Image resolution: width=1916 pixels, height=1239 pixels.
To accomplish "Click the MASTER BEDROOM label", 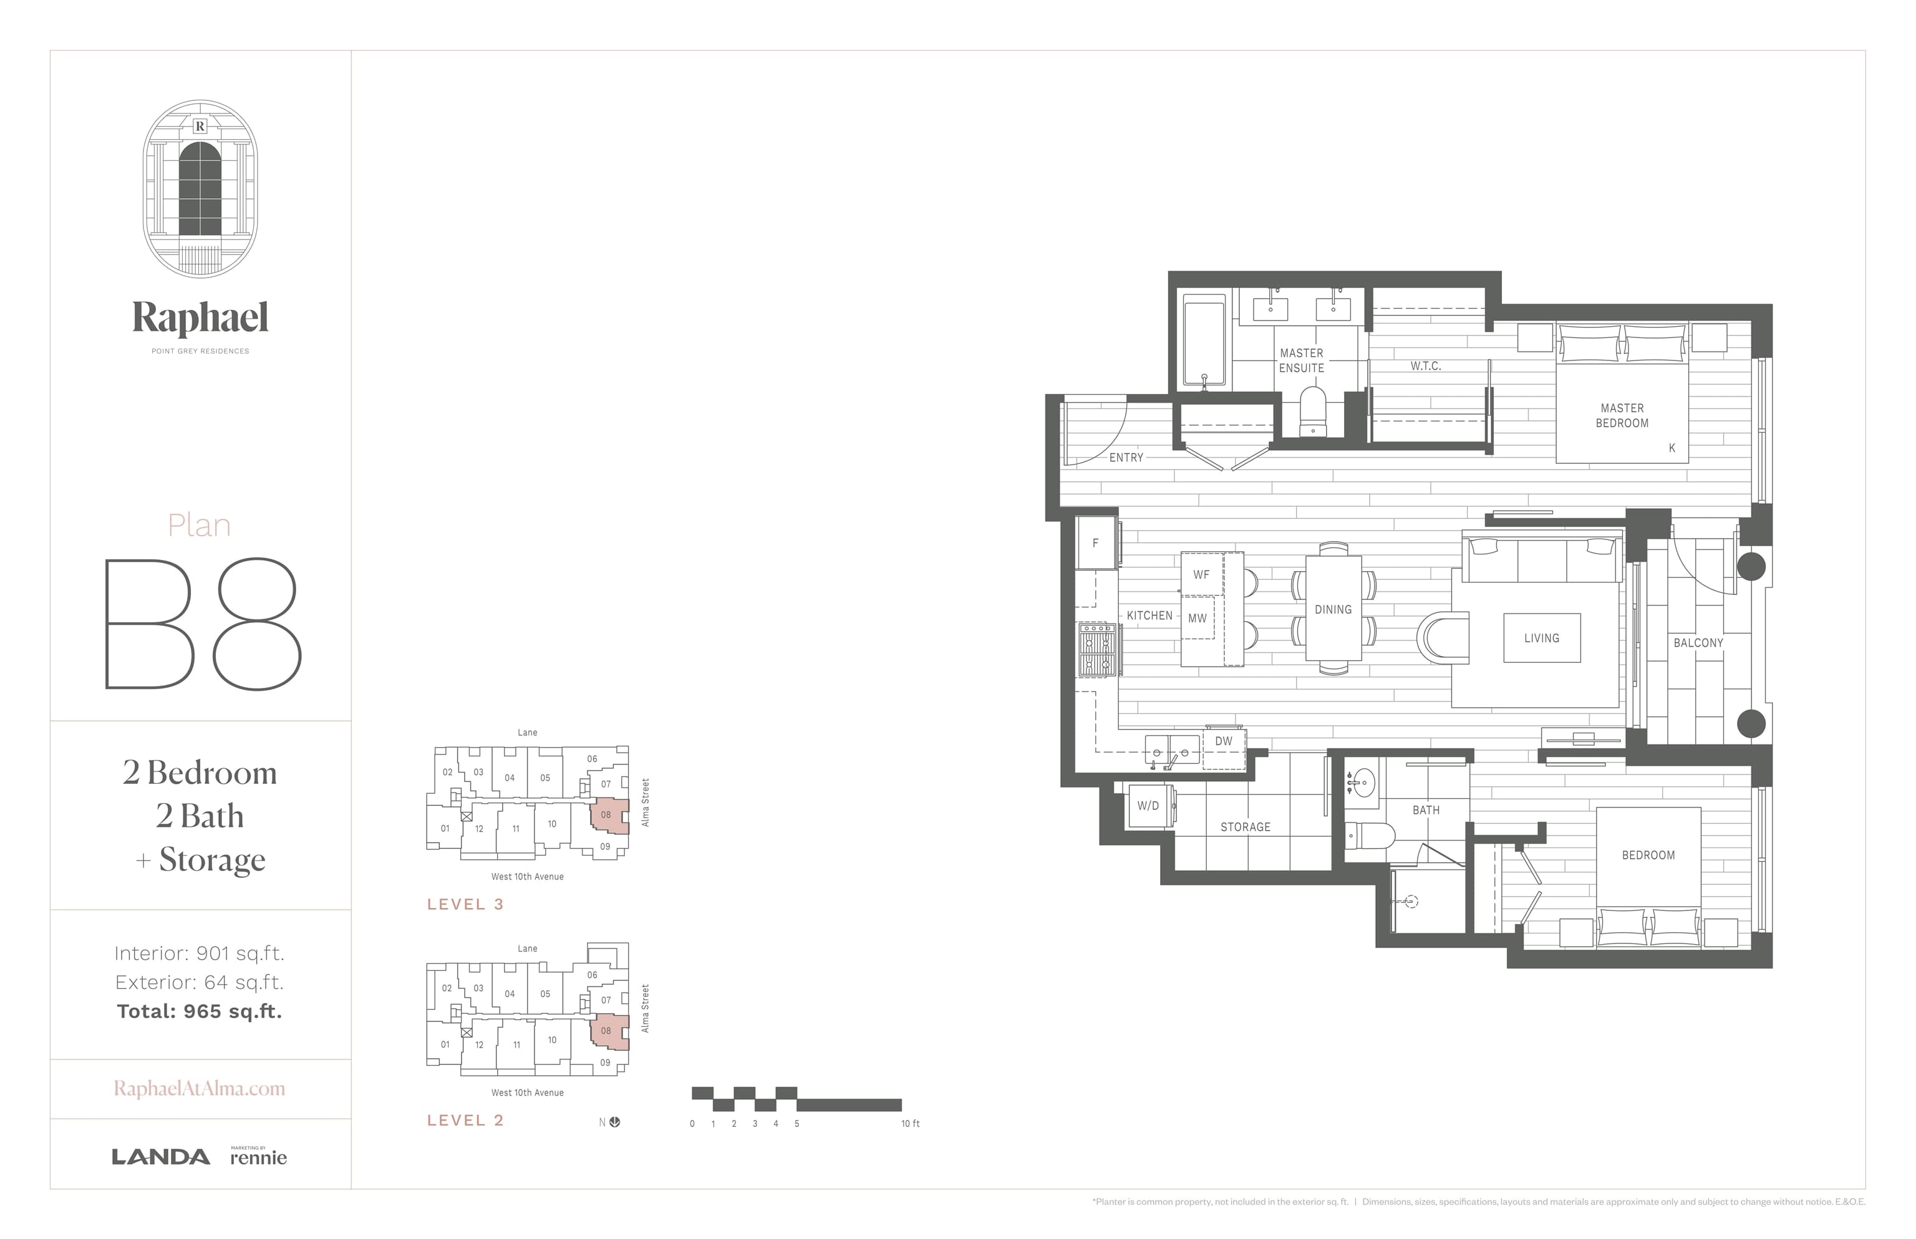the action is pos(1622,416).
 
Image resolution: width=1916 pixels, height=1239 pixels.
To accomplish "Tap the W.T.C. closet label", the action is pos(1425,366).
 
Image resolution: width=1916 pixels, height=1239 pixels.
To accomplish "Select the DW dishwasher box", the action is pos(1223,748).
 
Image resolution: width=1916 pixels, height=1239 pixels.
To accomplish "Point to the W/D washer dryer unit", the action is pos(1149,806).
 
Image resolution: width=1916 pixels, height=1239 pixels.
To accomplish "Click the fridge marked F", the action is pos(1096,543).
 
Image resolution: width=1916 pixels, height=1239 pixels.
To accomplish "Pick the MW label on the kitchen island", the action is pos(1197,618).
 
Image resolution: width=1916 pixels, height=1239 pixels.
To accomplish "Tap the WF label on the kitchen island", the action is pos(1201,574).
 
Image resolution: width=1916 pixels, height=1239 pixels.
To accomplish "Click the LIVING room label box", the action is pos(1542,638).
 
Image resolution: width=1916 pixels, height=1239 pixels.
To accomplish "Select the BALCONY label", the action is pos(1698,643).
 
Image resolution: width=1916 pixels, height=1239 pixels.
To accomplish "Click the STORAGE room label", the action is pos(1245,827).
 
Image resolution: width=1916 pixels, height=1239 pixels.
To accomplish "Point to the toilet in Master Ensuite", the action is pos(1312,412).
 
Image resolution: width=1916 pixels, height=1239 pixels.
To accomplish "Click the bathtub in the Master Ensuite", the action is pos(1204,342).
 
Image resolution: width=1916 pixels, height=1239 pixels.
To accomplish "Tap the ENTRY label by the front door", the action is pos(1126,458).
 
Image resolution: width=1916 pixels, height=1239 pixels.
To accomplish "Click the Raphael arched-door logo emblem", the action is pos(200,188).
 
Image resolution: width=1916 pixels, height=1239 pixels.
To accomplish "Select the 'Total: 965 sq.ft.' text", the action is pos(200,1011).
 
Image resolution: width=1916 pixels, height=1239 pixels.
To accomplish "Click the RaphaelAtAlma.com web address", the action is pos(200,1089).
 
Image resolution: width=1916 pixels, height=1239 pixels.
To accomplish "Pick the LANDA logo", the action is pos(161,1158).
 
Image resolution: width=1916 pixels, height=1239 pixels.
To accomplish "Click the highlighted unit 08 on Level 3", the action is pos(608,816).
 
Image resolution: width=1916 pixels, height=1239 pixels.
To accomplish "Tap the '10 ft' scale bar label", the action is pos(910,1124).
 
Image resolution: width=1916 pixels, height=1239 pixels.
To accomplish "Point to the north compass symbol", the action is pos(615,1122).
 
